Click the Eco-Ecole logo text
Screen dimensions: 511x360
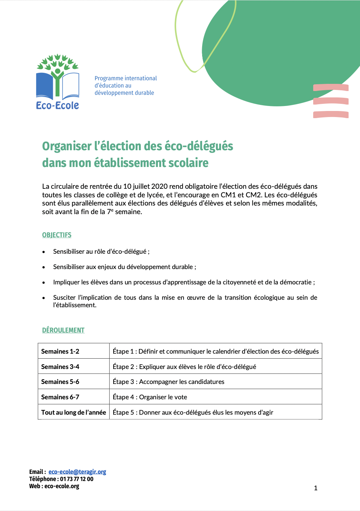(57, 105)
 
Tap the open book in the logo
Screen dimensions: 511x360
(57, 86)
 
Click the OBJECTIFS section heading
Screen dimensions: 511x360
(57, 235)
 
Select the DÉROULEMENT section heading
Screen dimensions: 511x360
(63, 330)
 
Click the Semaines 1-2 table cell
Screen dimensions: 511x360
(60, 351)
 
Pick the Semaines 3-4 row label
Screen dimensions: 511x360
(60, 366)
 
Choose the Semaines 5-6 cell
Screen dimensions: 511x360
(60, 381)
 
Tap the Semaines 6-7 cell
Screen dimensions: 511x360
(60, 397)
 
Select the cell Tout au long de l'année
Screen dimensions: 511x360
(74, 412)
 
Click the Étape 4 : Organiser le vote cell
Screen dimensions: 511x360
(150, 397)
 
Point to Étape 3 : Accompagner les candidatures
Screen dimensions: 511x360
(168, 381)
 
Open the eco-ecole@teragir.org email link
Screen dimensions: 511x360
(77, 472)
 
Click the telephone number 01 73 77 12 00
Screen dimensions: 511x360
(76, 479)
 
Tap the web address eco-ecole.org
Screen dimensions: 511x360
(62, 486)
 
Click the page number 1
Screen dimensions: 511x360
(316, 488)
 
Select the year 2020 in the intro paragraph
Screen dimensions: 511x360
(159, 186)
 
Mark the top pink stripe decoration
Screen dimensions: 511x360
(331, 87)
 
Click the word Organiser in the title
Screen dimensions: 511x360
(67, 146)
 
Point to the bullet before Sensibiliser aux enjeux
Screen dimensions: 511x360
(44, 267)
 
